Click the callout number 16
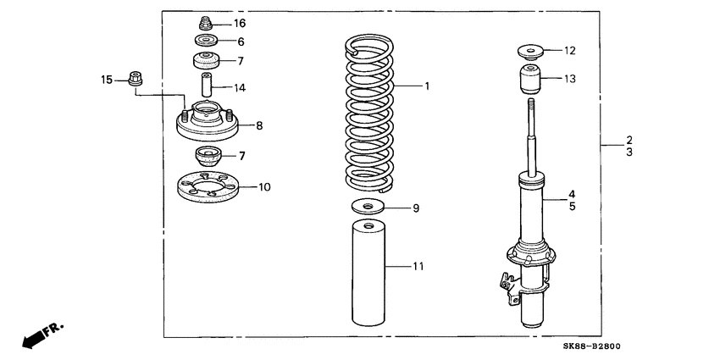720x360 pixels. pos(240,24)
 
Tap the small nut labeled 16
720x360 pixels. pos(204,23)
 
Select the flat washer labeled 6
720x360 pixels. pos(205,41)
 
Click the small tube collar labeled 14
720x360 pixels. pos(205,86)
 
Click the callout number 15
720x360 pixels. pos(107,80)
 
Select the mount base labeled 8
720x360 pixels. pos(206,125)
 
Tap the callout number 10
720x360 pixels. pos(263,186)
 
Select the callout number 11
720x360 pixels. pos(418,267)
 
